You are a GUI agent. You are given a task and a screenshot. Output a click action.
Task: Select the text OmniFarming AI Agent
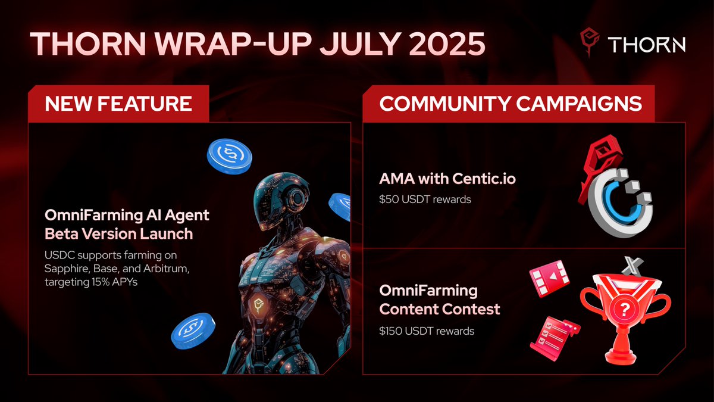(x=127, y=214)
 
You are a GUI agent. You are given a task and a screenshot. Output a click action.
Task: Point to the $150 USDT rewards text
(x=427, y=331)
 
